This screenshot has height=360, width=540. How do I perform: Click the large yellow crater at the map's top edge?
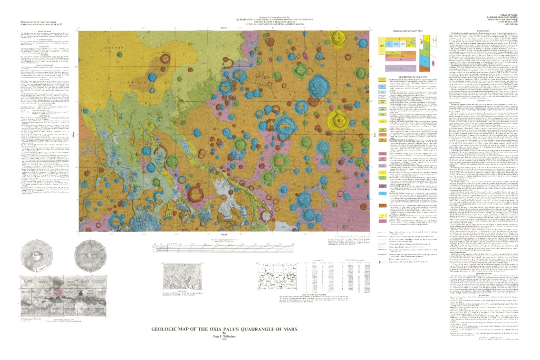click(x=335, y=38)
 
